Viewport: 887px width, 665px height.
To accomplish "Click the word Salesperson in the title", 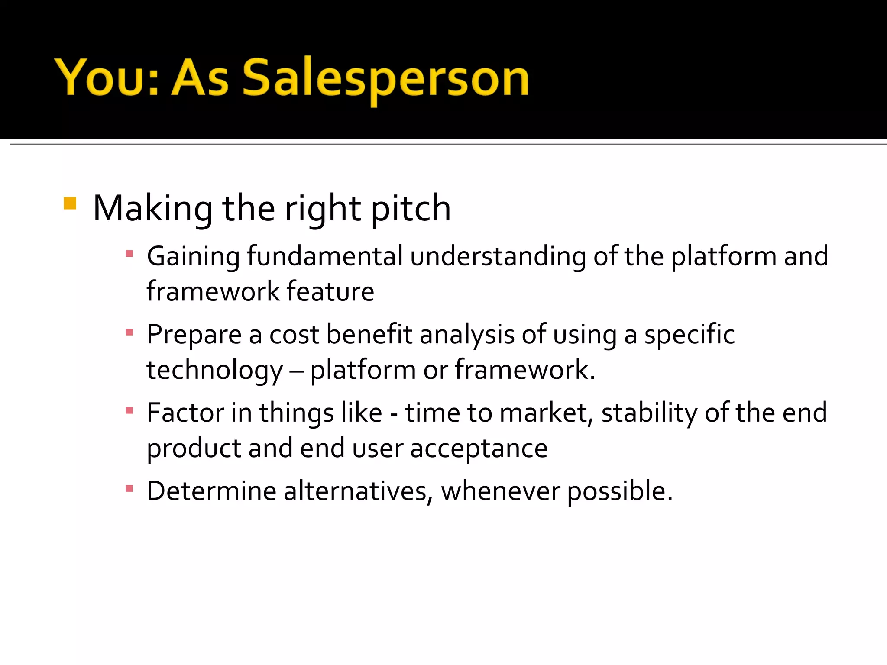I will click(385, 78).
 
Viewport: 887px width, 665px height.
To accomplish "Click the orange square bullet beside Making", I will click(70, 203).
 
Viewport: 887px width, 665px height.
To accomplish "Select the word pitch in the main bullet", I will click(411, 209).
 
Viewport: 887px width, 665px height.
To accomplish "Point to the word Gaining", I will click(193, 256).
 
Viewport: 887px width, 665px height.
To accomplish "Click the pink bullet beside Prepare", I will click(129, 332).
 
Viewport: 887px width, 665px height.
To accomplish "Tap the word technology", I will click(214, 370).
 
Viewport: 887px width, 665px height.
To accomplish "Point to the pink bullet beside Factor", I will click(129, 410).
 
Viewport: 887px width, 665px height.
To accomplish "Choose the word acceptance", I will click(479, 449).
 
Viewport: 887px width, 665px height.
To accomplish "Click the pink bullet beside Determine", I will click(129, 489).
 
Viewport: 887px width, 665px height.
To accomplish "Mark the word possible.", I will click(620, 492).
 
